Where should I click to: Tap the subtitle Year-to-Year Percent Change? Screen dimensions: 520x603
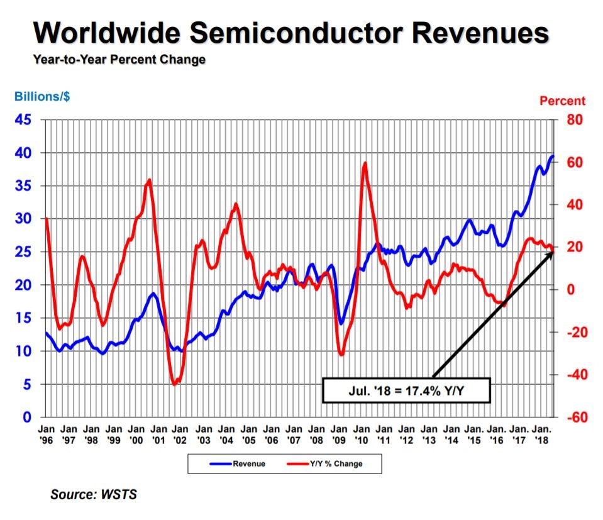tap(119, 60)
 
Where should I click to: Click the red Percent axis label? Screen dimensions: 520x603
tap(562, 101)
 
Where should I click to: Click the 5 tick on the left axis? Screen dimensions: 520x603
tap(28, 384)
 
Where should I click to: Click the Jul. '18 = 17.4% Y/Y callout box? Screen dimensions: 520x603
tap(406, 390)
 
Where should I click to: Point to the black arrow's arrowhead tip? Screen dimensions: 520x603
tap(552, 250)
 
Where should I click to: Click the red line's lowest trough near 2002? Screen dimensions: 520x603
tap(174, 384)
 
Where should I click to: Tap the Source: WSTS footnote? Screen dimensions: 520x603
tap(93, 495)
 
